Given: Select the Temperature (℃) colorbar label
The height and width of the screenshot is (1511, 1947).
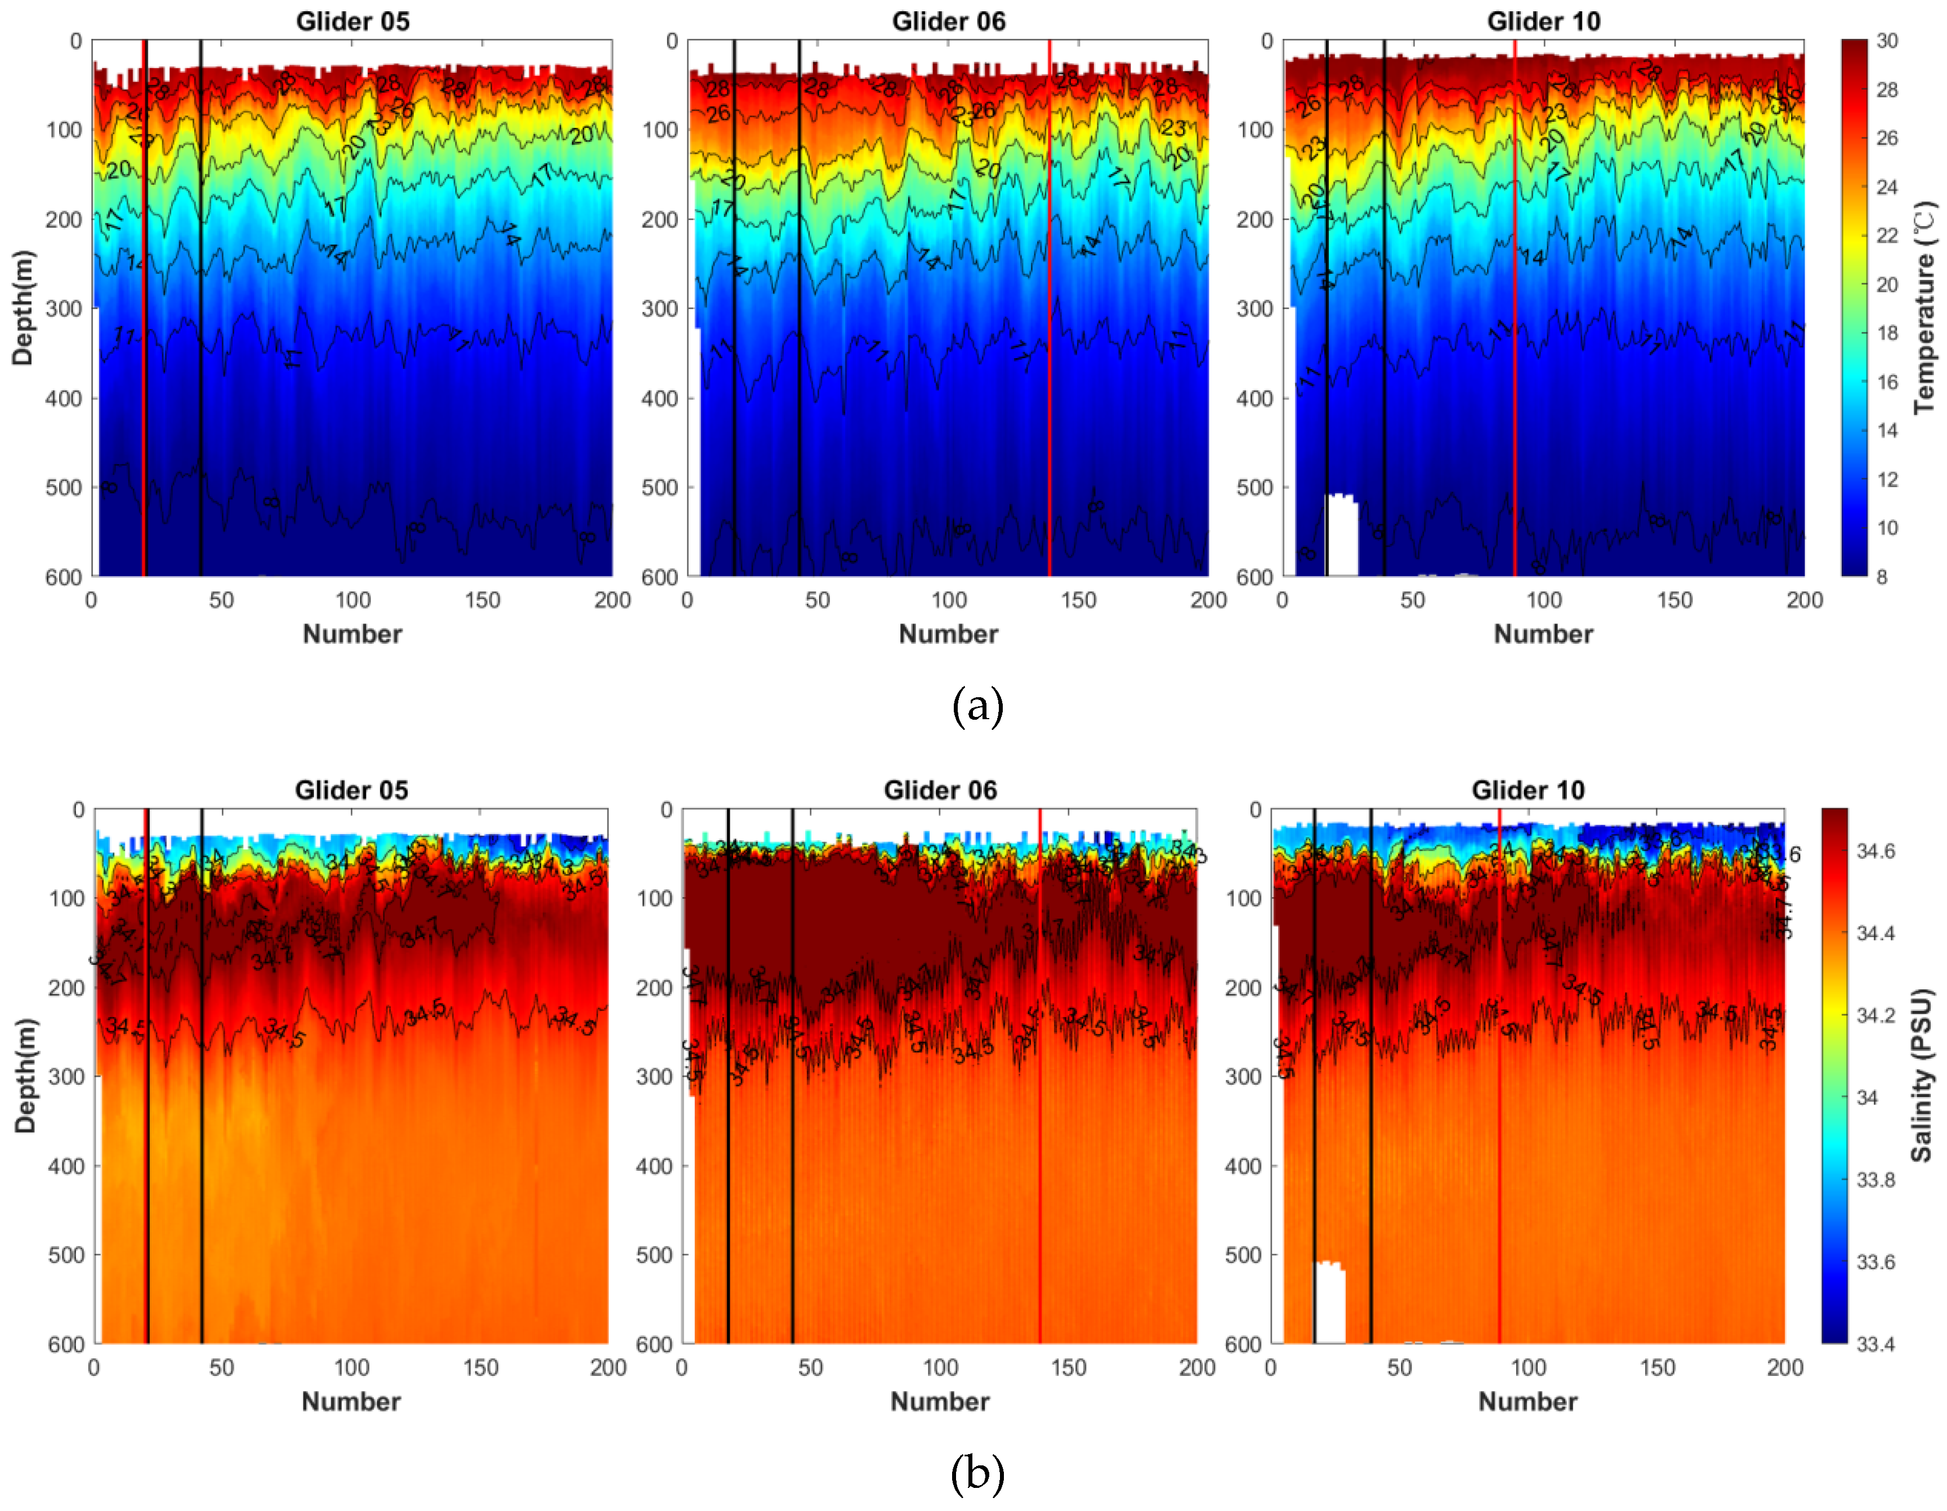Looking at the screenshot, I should click(x=1924, y=307).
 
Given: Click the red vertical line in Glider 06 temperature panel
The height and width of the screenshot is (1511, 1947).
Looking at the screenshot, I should click(x=1050, y=312).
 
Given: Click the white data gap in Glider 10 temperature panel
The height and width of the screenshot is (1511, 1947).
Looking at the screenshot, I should click(x=1342, y=535).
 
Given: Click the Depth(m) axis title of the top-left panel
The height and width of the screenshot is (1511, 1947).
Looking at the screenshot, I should click(x=23, y=307).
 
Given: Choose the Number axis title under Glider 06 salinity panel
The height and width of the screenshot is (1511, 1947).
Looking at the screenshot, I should click(x=940, y=1401).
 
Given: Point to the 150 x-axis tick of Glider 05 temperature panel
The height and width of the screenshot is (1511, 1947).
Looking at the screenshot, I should click(x=483, y=600).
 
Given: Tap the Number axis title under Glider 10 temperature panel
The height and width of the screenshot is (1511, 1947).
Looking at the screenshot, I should click(x=1543, y=634).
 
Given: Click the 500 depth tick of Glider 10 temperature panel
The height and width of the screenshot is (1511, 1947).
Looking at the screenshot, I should click(x=1254, y=488).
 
